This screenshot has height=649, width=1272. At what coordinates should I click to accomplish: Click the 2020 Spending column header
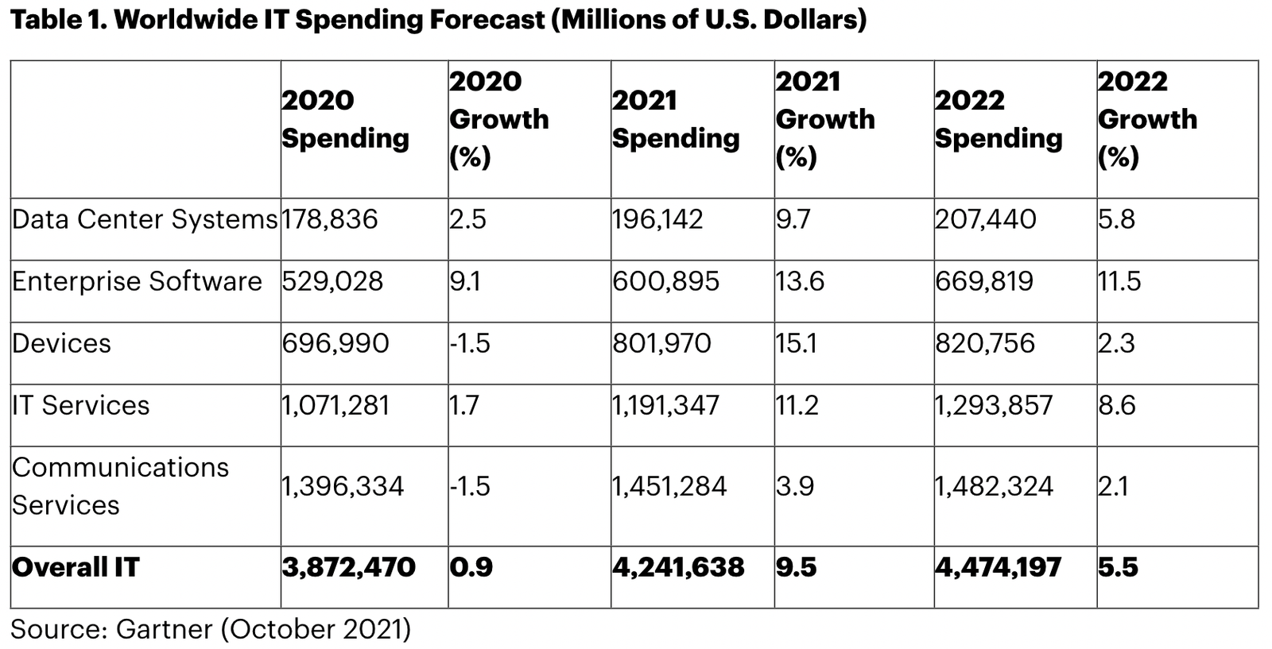coord(345,119)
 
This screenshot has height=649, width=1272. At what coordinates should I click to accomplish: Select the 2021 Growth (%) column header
coord(824,119)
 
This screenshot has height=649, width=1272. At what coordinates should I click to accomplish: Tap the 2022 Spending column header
coord(998,119)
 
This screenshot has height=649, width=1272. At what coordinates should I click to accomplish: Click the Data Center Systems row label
coord(145,219)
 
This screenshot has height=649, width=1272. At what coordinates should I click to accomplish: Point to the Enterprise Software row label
coord(137,281)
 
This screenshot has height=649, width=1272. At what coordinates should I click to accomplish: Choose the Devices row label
coord(61,343)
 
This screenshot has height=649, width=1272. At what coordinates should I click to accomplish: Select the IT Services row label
coord(80,405)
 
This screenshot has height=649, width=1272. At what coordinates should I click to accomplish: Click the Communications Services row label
coord(120,486)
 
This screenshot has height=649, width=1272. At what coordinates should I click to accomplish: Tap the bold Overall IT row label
coord(76,567)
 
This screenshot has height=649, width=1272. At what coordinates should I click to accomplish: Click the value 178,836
coord(330,219)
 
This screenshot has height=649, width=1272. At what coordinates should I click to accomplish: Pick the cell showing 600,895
coord(665,281)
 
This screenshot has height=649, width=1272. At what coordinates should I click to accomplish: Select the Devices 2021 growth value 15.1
coord(796,343)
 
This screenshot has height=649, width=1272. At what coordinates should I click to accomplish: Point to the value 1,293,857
coord(994,405)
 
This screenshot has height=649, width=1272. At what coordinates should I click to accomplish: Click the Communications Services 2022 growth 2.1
coord(1113,486)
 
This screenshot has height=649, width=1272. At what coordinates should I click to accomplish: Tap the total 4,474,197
coord(998,567)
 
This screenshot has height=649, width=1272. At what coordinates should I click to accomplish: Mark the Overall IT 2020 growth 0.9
coord(471,567)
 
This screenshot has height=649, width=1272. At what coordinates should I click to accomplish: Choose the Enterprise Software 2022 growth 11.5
coord(1119,281)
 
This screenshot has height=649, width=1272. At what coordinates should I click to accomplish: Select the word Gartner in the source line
coord(164,629)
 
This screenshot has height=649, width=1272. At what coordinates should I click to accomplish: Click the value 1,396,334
coord(343,486)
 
